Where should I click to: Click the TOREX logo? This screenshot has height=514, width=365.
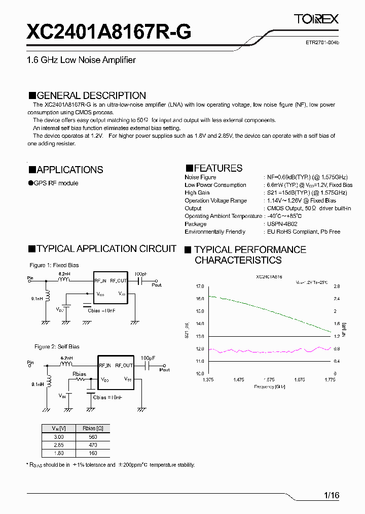(316, 19)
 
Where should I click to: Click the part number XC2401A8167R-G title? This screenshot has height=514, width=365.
(109, 33)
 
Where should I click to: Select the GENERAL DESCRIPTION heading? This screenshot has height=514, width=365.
(87, 95)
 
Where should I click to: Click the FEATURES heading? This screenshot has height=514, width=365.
(213, 168)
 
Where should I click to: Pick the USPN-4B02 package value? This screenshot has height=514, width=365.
(282, 224)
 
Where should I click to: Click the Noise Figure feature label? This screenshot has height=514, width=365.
(200, 177)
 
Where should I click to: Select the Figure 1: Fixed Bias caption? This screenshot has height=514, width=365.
(54, 265)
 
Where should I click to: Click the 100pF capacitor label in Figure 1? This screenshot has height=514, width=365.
(141, 274)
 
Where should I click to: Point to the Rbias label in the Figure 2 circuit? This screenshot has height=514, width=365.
(79, 374)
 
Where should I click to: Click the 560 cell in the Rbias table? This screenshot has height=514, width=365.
(93, 437)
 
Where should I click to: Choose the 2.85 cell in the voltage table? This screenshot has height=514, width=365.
(59, 445)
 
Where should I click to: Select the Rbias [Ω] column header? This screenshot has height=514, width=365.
(93, 428)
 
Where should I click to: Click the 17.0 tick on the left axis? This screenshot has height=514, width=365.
(199, 286)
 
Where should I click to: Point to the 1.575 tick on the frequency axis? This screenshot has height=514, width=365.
(269, 379)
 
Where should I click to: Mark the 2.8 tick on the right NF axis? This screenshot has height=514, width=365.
(337, 286)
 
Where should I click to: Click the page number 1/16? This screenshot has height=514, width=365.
(331, 495)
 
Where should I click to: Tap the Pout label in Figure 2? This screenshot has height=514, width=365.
(164, 370)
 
